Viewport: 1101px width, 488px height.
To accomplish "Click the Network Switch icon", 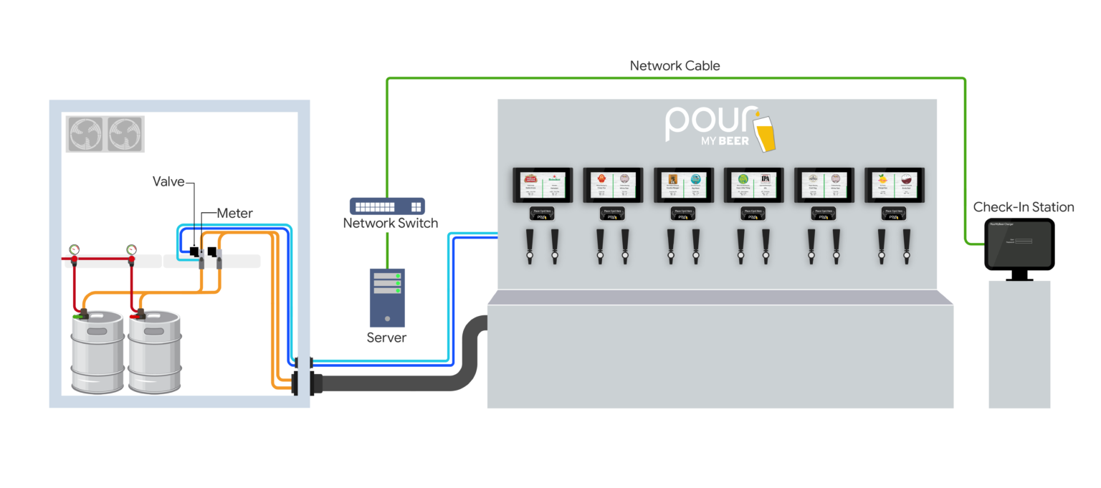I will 387,206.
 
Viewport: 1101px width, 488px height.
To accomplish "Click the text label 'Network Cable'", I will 675,66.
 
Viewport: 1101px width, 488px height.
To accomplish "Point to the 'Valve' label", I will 168,182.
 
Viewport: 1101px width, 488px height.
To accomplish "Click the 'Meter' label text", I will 235,213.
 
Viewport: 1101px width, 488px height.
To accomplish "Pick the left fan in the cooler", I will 86,134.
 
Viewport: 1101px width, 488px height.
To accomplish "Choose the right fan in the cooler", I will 125,134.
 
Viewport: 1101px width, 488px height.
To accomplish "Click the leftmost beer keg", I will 97,353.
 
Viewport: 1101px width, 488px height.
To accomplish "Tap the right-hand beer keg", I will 154,353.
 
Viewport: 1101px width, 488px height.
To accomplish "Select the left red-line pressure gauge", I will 75,250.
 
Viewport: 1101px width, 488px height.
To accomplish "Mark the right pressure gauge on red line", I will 131,250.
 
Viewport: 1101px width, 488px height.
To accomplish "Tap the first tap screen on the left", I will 541,186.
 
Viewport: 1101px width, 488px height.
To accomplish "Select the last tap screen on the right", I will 894,186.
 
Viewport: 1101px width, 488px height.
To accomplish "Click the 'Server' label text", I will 386,338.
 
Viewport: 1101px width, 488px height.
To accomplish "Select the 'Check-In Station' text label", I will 1023,207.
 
